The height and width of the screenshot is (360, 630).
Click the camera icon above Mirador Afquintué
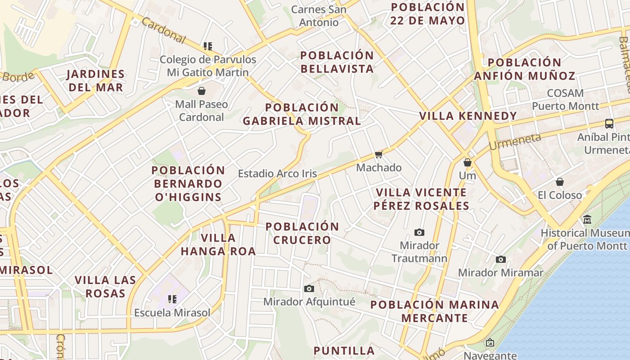click(309, 288)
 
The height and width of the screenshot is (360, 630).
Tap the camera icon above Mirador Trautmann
click(419, 232)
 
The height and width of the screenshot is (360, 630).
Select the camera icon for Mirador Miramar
click(501, 259)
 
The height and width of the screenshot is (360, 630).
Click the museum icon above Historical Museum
click(587, 220)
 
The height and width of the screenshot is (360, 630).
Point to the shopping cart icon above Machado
click(378, 155)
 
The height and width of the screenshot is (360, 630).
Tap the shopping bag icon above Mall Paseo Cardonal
click(202, 91)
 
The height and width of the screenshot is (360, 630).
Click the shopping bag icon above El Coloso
click(560, 182)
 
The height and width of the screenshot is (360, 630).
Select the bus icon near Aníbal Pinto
click(609, 123)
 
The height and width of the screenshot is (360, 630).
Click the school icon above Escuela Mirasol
click(172, 299)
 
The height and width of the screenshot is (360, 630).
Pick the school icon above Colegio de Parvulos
click(208, 46)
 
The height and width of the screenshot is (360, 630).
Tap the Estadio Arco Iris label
click(277, 174)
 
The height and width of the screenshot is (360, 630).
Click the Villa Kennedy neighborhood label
click(468, 116)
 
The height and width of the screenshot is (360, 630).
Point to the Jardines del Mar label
click(95, 81)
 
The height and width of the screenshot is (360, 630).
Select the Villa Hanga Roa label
click(218, 244)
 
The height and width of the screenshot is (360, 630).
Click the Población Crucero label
click(302, 233)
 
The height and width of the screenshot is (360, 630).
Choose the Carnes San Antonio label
click(319, 16)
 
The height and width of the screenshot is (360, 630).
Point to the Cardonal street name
click(163, 31)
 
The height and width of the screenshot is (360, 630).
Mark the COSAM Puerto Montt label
click(566, 99)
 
